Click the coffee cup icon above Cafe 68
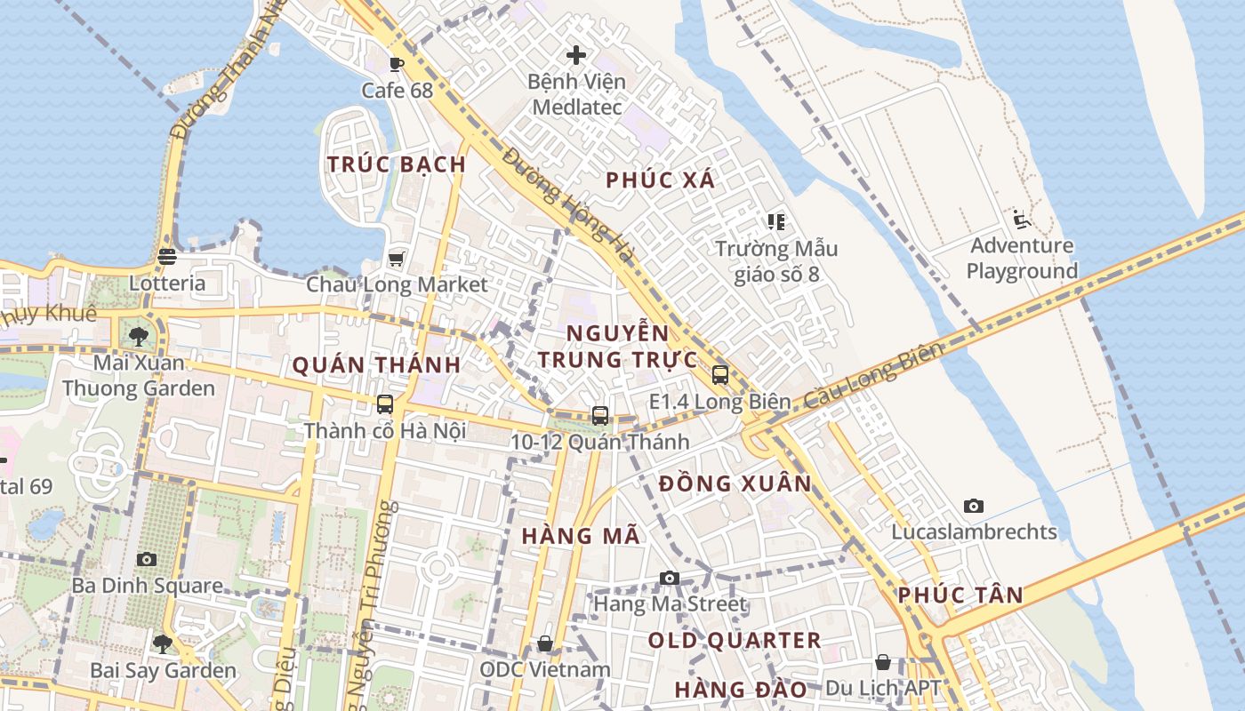[397, 64]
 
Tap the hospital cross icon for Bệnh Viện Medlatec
[576, 55]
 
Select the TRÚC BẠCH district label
[397, 164]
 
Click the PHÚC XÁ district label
[660, 180]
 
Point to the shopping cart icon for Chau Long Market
[397, 259]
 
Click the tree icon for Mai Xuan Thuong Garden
[138, 336]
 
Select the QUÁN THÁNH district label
[376, 365]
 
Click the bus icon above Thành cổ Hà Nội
[385, 404]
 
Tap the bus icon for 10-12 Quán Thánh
[600, 415]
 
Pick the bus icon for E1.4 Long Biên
[720, 375]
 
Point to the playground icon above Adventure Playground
[1021, 220]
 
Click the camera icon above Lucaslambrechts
[974, 506]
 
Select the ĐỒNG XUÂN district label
[735, 484]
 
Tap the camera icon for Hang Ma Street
[670, 579]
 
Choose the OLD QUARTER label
[734, 641]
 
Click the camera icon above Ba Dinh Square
[147, 559]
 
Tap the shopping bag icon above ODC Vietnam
[545, 643]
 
